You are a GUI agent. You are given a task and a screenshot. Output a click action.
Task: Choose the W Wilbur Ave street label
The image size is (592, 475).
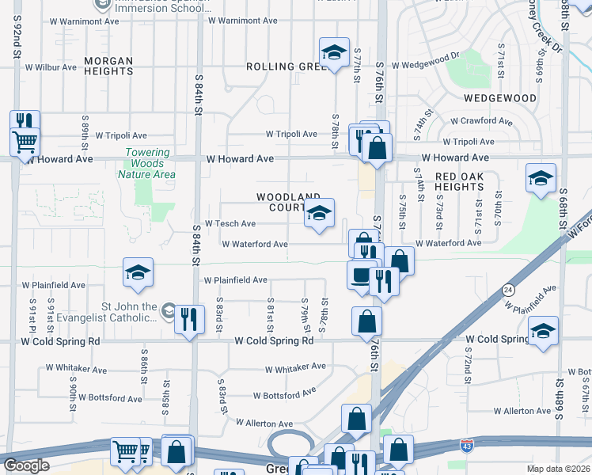[51, 67]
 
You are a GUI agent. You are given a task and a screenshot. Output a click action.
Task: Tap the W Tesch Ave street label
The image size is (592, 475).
[230, 224]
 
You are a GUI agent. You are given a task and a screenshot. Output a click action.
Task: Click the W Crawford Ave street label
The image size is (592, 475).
[482, 121]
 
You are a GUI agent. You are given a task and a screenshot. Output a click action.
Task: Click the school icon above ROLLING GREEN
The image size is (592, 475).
[334, 52]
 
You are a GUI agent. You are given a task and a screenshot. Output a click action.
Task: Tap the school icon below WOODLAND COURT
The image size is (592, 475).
[319, 213]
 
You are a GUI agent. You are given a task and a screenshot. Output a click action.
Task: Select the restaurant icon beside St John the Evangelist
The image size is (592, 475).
[188, 320]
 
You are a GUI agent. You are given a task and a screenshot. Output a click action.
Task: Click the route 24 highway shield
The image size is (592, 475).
[506, 291]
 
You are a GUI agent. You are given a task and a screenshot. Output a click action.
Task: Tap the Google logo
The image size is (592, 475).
[26, 465]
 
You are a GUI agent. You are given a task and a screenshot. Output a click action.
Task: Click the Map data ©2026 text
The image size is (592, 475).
[559, 469]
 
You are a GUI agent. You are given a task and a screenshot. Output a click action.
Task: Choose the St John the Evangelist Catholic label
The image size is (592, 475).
[107, 313]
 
